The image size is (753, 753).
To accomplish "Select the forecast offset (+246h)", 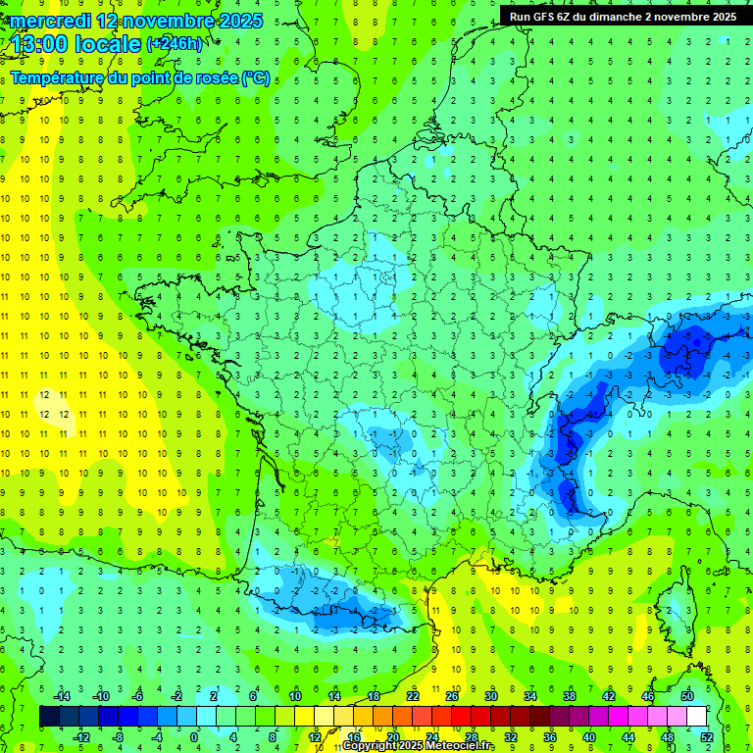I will [x=175, y=44].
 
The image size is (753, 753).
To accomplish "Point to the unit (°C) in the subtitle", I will [x=256, y=78].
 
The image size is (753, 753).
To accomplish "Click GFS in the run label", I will [x=545, y=17].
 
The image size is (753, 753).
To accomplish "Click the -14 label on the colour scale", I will [x=61, y=696].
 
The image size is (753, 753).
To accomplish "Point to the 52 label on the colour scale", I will [x=707, y=737].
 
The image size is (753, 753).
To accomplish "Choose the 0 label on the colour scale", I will [x=193, y=737].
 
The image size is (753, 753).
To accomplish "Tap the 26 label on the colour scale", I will [x=451, y=696].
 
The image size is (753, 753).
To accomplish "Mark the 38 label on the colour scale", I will [x=569, y=696].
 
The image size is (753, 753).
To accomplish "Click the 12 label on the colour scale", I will [x=315, y=737].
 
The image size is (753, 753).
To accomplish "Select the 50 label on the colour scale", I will [x=687, y=696].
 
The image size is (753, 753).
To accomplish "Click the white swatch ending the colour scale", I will [x=696, y=717].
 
